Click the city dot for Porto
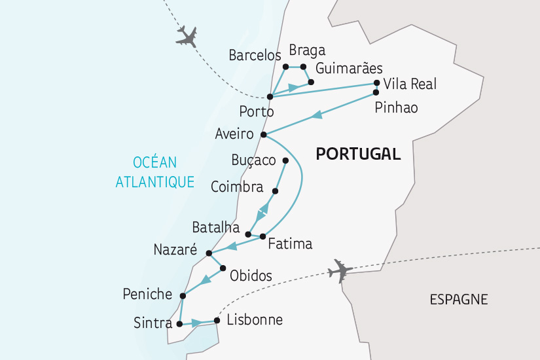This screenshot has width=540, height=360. pyautogui.click(x=270, y=96)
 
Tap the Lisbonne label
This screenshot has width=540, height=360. pyautogui.click(x=254, y=320)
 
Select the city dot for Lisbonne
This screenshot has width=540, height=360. pyautogui.click(x=217, y=320)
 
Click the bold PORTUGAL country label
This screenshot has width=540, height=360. pyautogui.click(x=357, y=154)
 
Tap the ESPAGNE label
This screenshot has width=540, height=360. pyautogui.click(x=459, y=300)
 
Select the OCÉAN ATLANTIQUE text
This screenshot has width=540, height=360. pyautogui.click(x=155, y=172)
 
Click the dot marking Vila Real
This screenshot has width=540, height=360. pyautogui.click(x=377, y=83)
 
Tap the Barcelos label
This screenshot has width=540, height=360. pyautogui.click(x=255, y=55)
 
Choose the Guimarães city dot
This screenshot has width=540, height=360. pyautogui.click(x=311, y=82)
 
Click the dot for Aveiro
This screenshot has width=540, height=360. pyautogui.click(x=263, y=135)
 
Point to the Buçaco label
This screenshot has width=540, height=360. pyautogui.click(x=254, y=160)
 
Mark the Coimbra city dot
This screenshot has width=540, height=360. pyautogui.click(x=275, y=191)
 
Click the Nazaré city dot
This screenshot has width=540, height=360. pyautogui.click(x=209, y=253)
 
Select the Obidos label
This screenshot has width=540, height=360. pyautogui.click(x=250, y=276)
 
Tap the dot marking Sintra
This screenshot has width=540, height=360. pyautogui.click(x=179, y=323)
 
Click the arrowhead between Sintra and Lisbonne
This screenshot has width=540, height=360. pyautogui.click(x=196, y=322)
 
